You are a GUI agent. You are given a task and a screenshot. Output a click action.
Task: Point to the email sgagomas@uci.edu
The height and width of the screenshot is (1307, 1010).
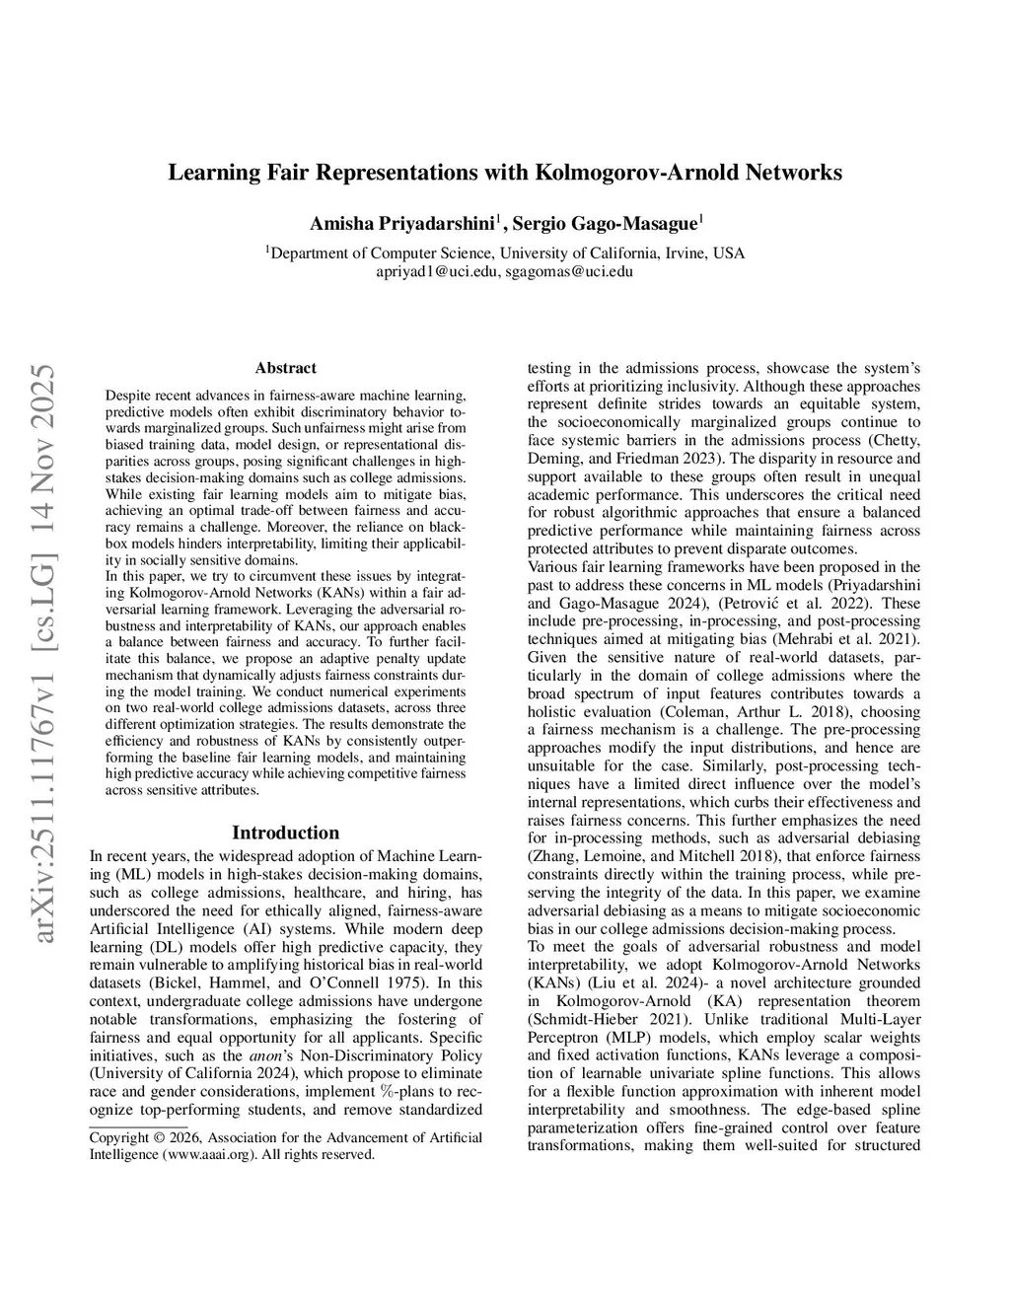[569, 271]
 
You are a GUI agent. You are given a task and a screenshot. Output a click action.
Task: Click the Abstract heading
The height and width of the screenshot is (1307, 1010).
[285, 368]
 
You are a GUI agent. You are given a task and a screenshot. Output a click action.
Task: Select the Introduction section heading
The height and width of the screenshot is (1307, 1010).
[285, 833]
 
